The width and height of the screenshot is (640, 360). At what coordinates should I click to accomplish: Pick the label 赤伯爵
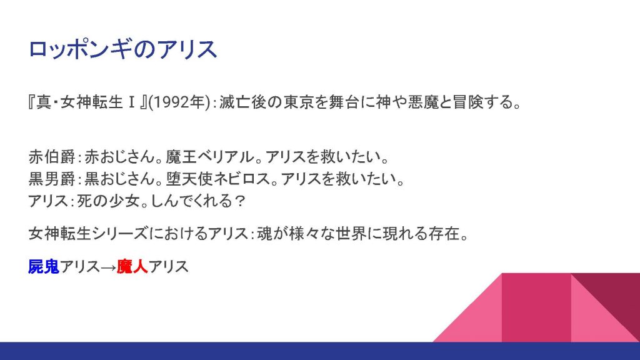click(52, 157)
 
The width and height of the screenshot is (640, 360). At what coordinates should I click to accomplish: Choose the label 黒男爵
click(52, 179)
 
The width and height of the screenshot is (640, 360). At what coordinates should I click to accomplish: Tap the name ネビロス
click(241, 179)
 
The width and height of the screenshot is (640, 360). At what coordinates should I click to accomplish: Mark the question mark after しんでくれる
click(241, 201)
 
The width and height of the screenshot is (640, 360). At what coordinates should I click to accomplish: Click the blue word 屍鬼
click(44, 266)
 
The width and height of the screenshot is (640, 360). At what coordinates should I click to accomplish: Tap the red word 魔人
click(132, 266)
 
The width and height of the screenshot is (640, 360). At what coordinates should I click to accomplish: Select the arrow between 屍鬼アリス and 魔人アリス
click(108, 267)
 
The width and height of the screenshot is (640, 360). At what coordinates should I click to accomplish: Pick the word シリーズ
click(121, 234)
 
